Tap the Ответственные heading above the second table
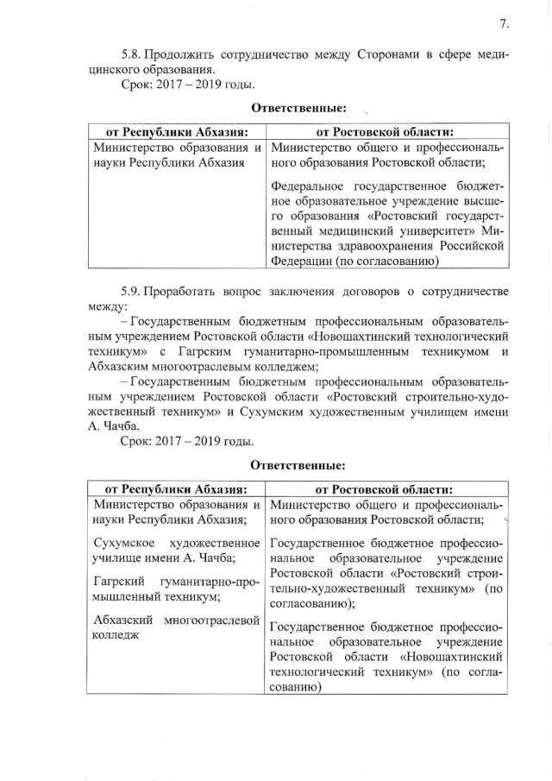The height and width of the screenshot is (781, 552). click(x=298, y=465)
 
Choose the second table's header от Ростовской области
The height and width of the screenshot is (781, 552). click(x=385, y=488)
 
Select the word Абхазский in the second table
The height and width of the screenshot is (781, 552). click(x=122, y=620)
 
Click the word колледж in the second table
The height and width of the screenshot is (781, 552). click(x=117, y=636)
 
